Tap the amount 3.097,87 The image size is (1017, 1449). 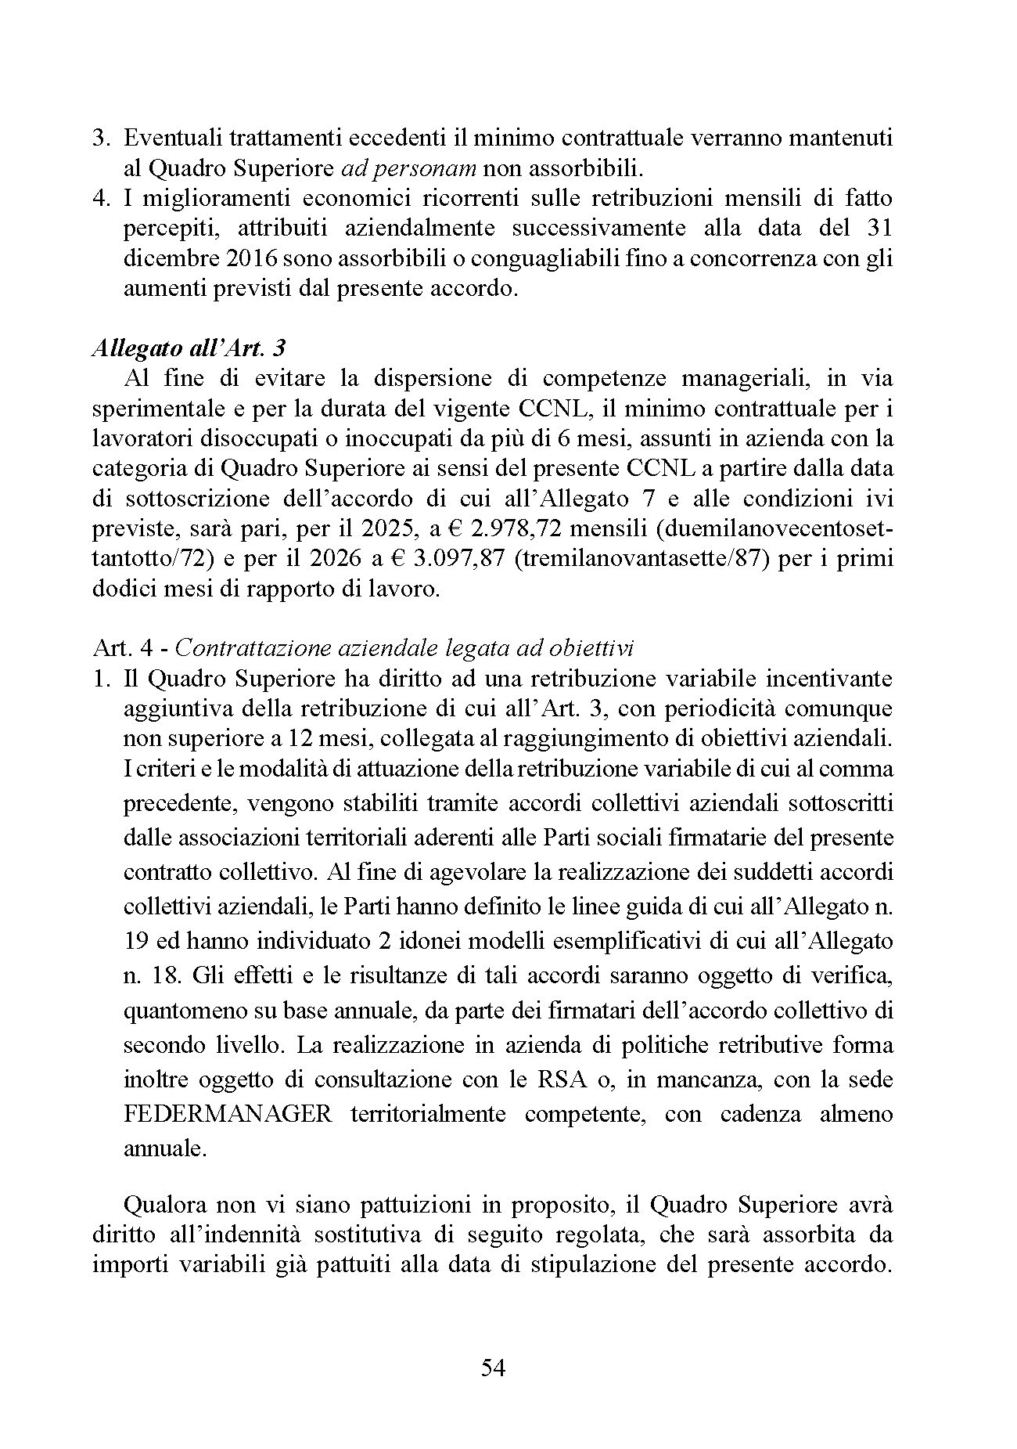[x=468, y=559]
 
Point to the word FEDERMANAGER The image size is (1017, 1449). [x=228, y=1113]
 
